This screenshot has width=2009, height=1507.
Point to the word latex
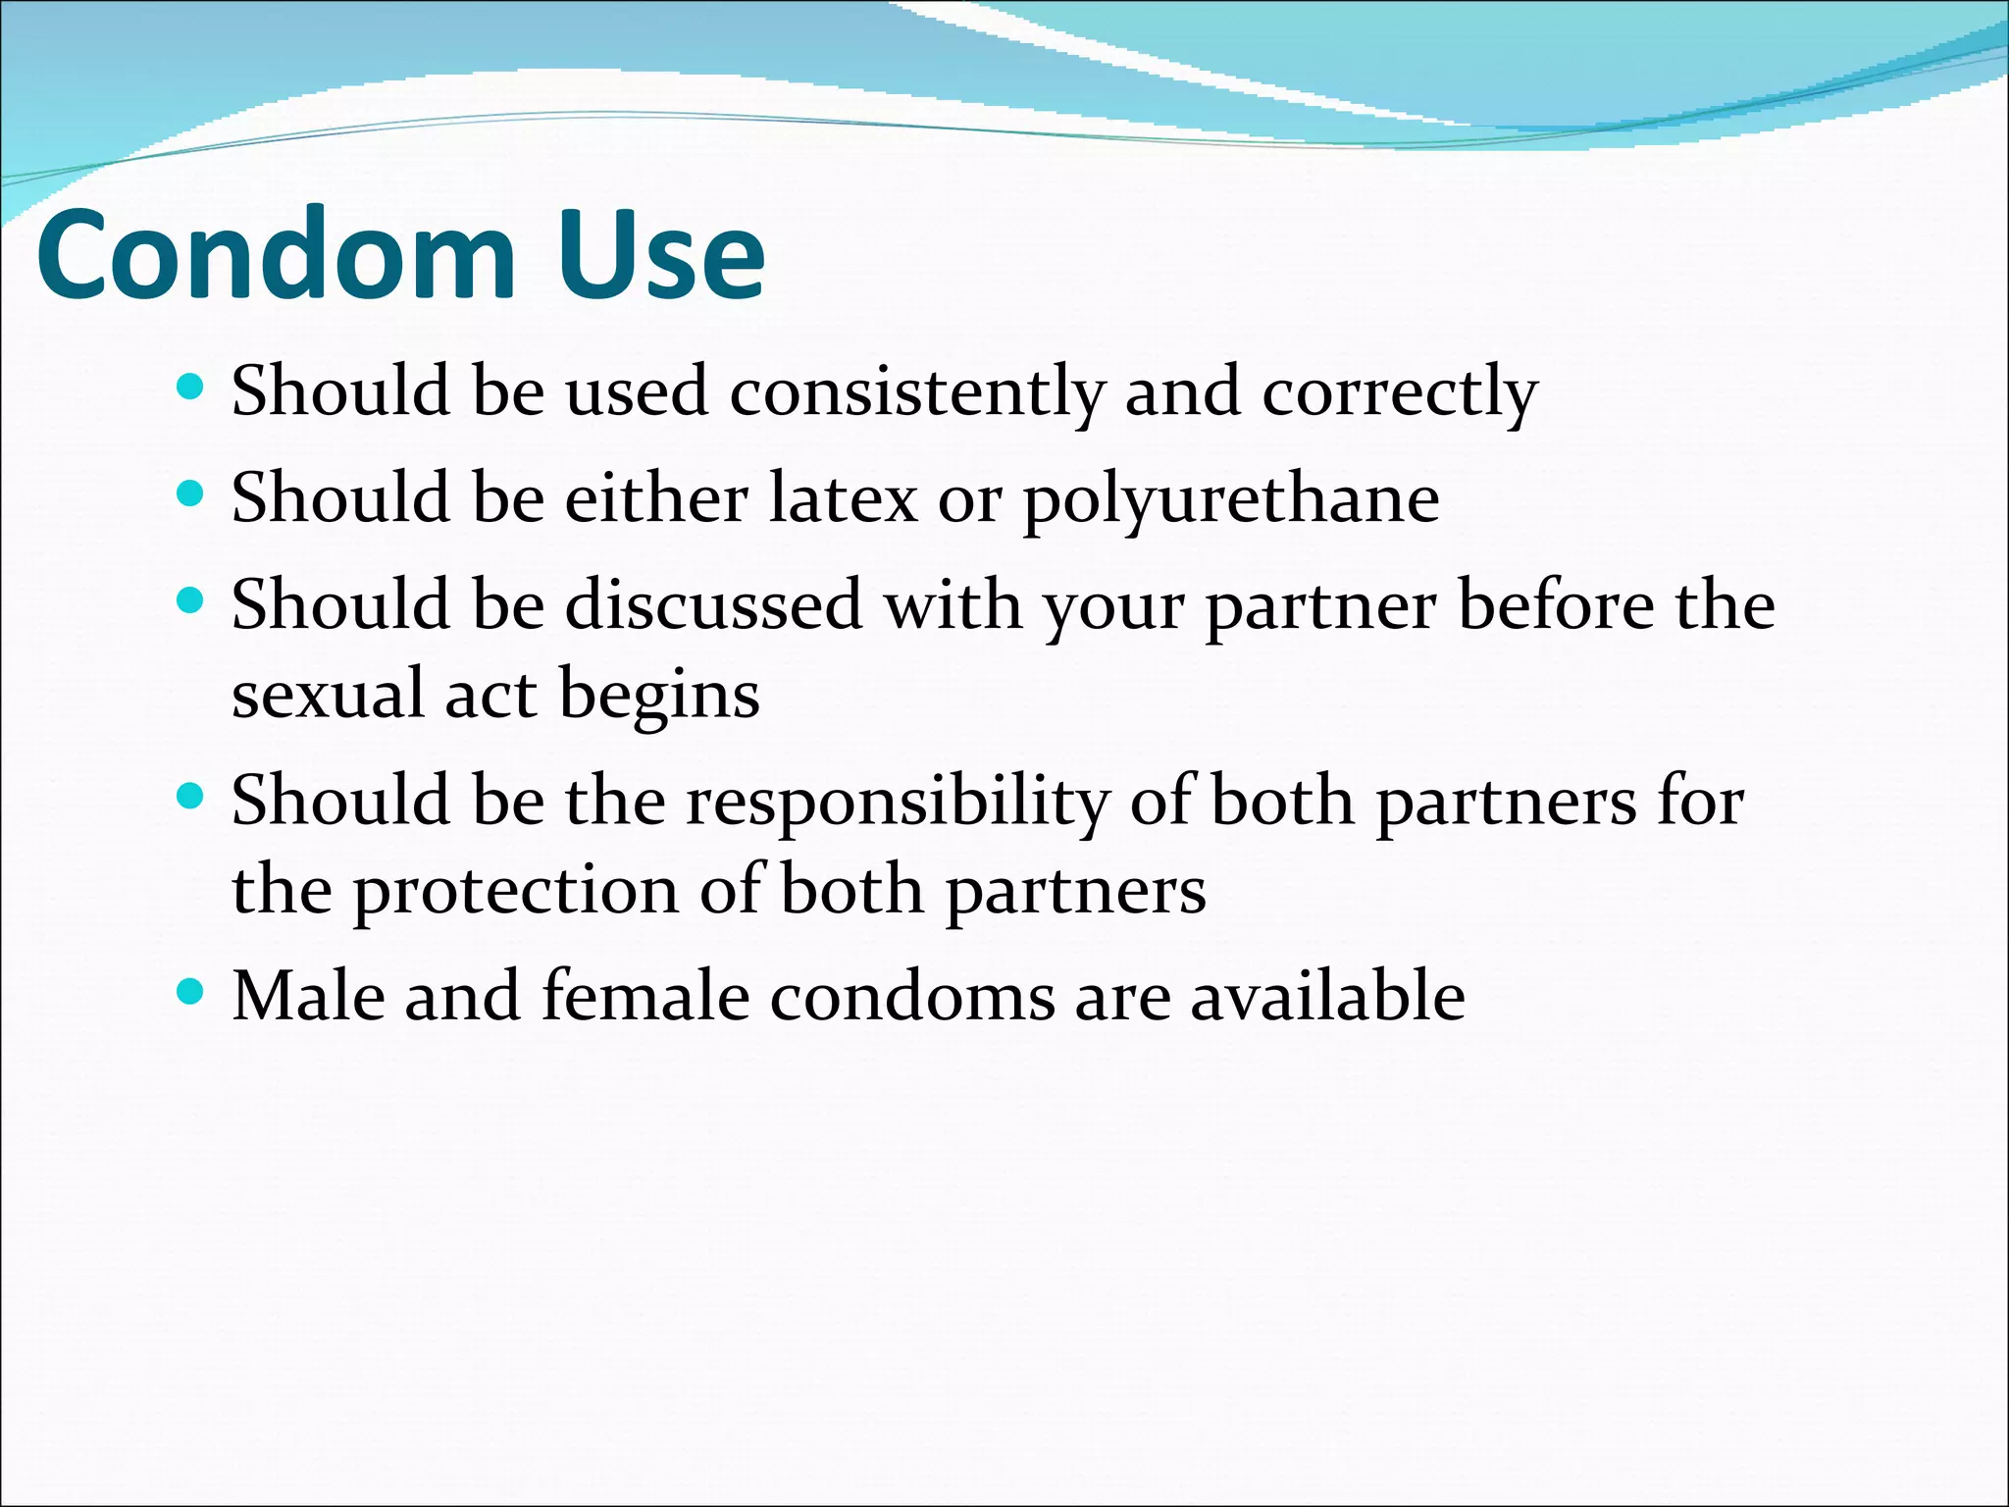click(x=844, y=498)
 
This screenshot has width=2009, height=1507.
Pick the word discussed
click(x=713, y=605)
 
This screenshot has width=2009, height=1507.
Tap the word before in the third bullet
click(x=1555, y=605)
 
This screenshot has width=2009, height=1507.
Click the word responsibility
click(x=897, y=803)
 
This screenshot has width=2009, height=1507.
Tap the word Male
click(x=308, y=997)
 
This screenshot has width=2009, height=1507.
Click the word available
click(x=1327, y=997)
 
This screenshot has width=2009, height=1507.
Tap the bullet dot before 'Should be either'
click(x=190, y=494)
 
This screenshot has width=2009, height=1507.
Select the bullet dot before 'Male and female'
click(x=190, y=992)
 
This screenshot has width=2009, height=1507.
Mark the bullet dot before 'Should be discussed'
click(x=190, y=600)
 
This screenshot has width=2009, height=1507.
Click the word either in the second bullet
click(x=656, y=498)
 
